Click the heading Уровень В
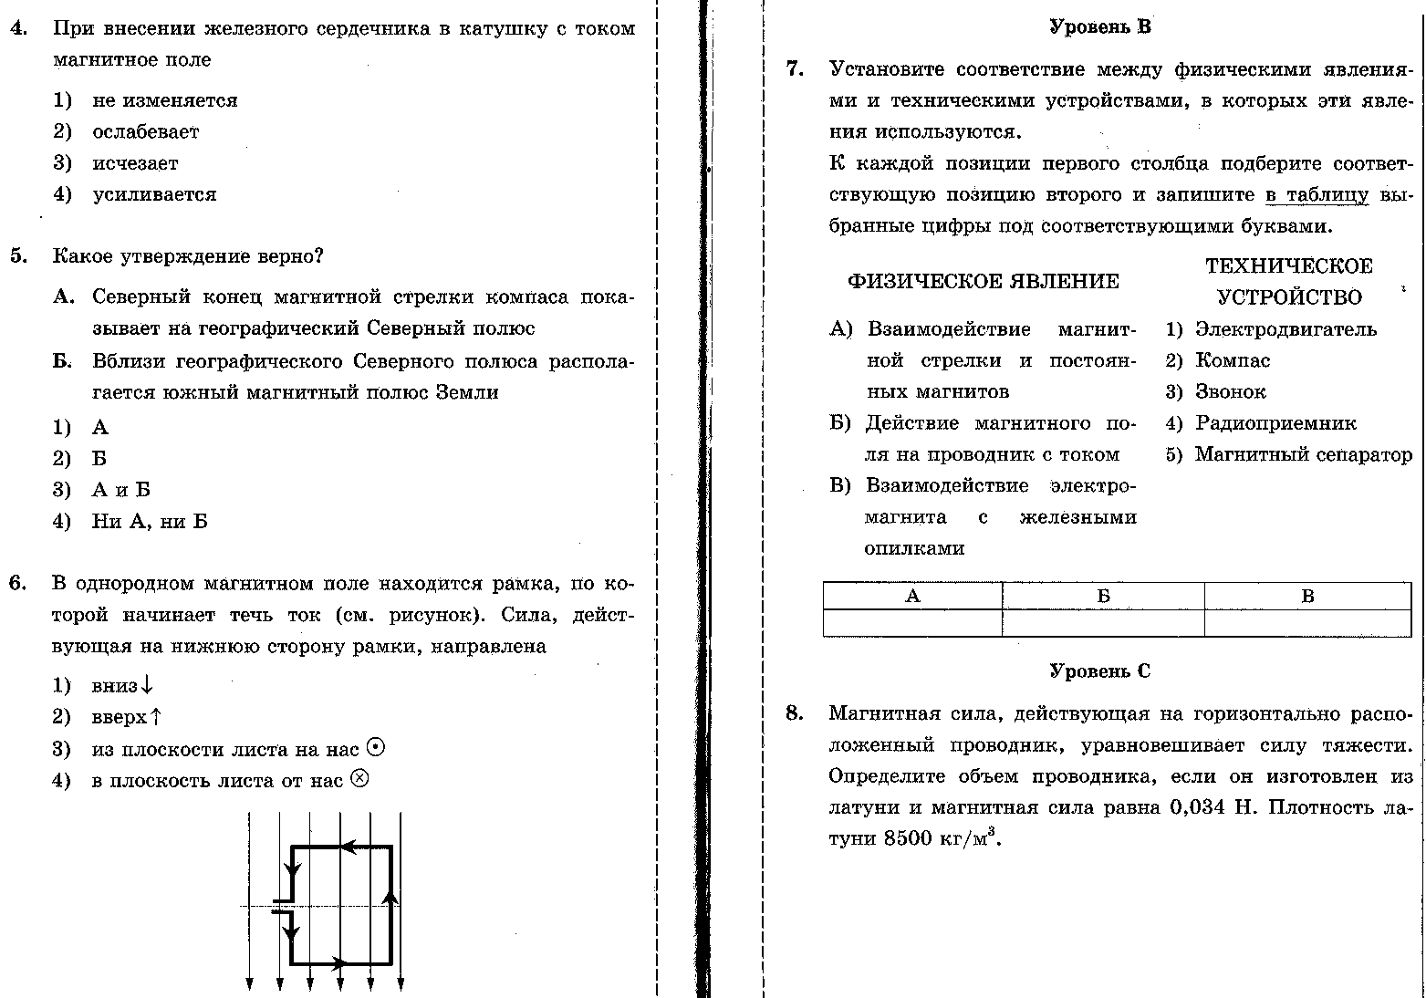1099,27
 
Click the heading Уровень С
1099,671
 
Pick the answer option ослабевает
145,132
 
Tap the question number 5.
19,256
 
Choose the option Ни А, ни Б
150,522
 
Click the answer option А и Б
121,490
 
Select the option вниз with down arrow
122,686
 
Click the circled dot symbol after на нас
375,748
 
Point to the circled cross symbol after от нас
359,779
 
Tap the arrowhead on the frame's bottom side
338,962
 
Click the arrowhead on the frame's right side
390,896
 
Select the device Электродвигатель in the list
1285,329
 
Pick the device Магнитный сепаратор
1303,454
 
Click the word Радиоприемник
1275,423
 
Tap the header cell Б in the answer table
1103,597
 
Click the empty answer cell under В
1306,623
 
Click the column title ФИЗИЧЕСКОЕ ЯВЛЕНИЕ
983,282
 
